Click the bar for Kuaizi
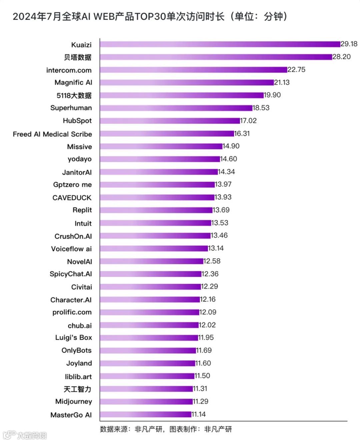220,44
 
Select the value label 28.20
341,57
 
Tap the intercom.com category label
69,70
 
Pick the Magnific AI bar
187,82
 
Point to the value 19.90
272,95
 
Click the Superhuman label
71,108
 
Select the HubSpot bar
170,121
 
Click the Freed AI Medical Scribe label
52,134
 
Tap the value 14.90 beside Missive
231,146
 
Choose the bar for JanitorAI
159,172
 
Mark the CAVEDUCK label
72,198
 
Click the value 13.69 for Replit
221,210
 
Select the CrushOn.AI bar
155,236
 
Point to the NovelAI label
79,262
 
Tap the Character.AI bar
150,299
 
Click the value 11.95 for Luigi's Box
206,338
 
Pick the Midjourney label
74,402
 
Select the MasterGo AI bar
145,414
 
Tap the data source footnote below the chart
166,429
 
